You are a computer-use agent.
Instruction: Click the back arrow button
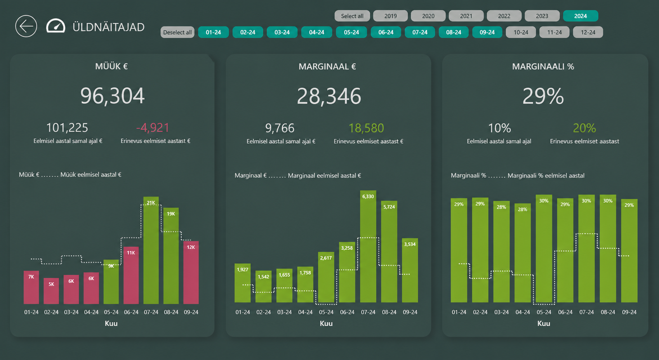(26, 26)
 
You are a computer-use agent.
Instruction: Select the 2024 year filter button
(581, 16)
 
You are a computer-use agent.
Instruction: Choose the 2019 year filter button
(390, 16)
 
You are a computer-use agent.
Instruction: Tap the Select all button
(352, 16)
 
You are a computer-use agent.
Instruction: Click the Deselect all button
(177, 32)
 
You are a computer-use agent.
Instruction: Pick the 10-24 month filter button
(521, 32)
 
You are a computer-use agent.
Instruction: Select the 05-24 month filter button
(351, 32)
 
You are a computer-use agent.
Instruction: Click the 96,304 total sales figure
(112, 96)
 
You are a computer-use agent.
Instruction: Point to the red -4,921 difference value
(152, 128)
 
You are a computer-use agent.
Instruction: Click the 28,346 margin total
(329, 96)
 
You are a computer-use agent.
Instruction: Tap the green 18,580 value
(366, 128)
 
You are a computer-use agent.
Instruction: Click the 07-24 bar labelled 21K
(151, 250)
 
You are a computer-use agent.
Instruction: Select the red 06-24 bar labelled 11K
(131, 275)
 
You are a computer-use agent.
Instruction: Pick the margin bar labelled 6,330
(368, 247)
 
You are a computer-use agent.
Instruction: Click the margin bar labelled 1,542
(263, 287)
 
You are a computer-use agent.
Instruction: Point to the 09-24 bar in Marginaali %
(629, 250)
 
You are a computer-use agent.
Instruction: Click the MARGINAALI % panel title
(543, 66)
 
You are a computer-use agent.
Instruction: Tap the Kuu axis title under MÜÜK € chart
(111, 323)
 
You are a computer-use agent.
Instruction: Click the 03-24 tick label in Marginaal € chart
(284, 312)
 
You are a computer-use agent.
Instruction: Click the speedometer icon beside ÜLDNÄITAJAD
(56, 26)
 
